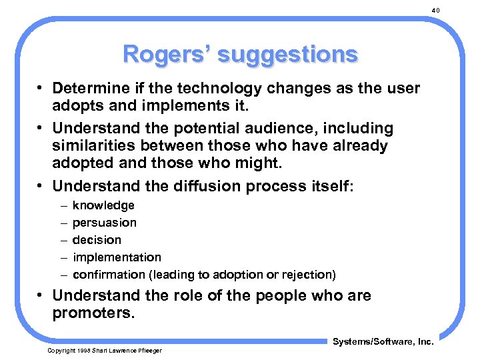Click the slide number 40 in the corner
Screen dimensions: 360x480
436,11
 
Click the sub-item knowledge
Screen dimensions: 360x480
103,205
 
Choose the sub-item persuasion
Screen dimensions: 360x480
105,223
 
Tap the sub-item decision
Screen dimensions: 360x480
97,240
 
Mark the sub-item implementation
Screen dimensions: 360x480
117,257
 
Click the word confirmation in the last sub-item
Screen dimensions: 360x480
109,275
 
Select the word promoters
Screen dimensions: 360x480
93,313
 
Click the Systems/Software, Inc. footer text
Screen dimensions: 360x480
383,342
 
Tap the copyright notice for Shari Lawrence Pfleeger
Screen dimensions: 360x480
104,351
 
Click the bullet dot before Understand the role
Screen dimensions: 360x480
41,296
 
